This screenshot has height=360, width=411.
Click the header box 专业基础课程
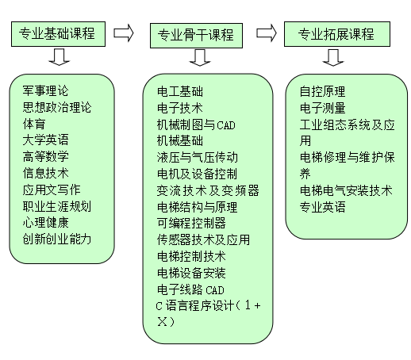[58, 34]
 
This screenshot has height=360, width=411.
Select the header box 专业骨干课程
[196, 36]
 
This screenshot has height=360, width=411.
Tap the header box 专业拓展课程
[337, 34]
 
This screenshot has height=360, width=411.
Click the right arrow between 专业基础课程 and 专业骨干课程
[124, 33]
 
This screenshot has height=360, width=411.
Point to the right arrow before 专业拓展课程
[267, 33]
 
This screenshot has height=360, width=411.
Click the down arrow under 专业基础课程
[60, 57]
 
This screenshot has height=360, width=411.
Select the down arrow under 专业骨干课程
[200, 58]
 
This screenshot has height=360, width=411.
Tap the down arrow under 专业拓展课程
[333, 58]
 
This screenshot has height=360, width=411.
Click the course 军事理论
[45, 91]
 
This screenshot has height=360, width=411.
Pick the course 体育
[34, 124]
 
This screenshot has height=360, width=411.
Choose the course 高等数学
[45, 156]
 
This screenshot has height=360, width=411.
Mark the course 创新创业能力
[57, 239]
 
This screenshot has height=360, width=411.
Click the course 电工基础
[180, 92]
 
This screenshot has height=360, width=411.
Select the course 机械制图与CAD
[196, 124]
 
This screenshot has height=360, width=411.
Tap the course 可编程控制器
[191, 224]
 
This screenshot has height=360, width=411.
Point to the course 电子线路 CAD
[190, 289]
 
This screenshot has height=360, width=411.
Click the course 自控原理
[322, 92]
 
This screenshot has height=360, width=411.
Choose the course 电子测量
[322, 108]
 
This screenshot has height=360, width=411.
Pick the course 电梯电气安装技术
[346, 190]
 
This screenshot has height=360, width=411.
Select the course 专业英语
[322, 207]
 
